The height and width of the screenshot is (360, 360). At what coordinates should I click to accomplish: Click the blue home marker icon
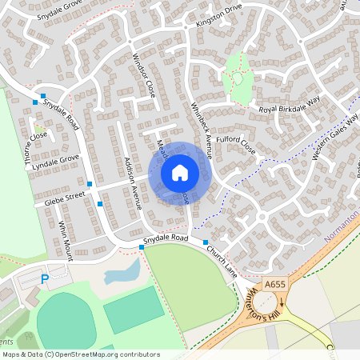[180, 172]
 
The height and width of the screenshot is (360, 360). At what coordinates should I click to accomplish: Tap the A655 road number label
[275, 284]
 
